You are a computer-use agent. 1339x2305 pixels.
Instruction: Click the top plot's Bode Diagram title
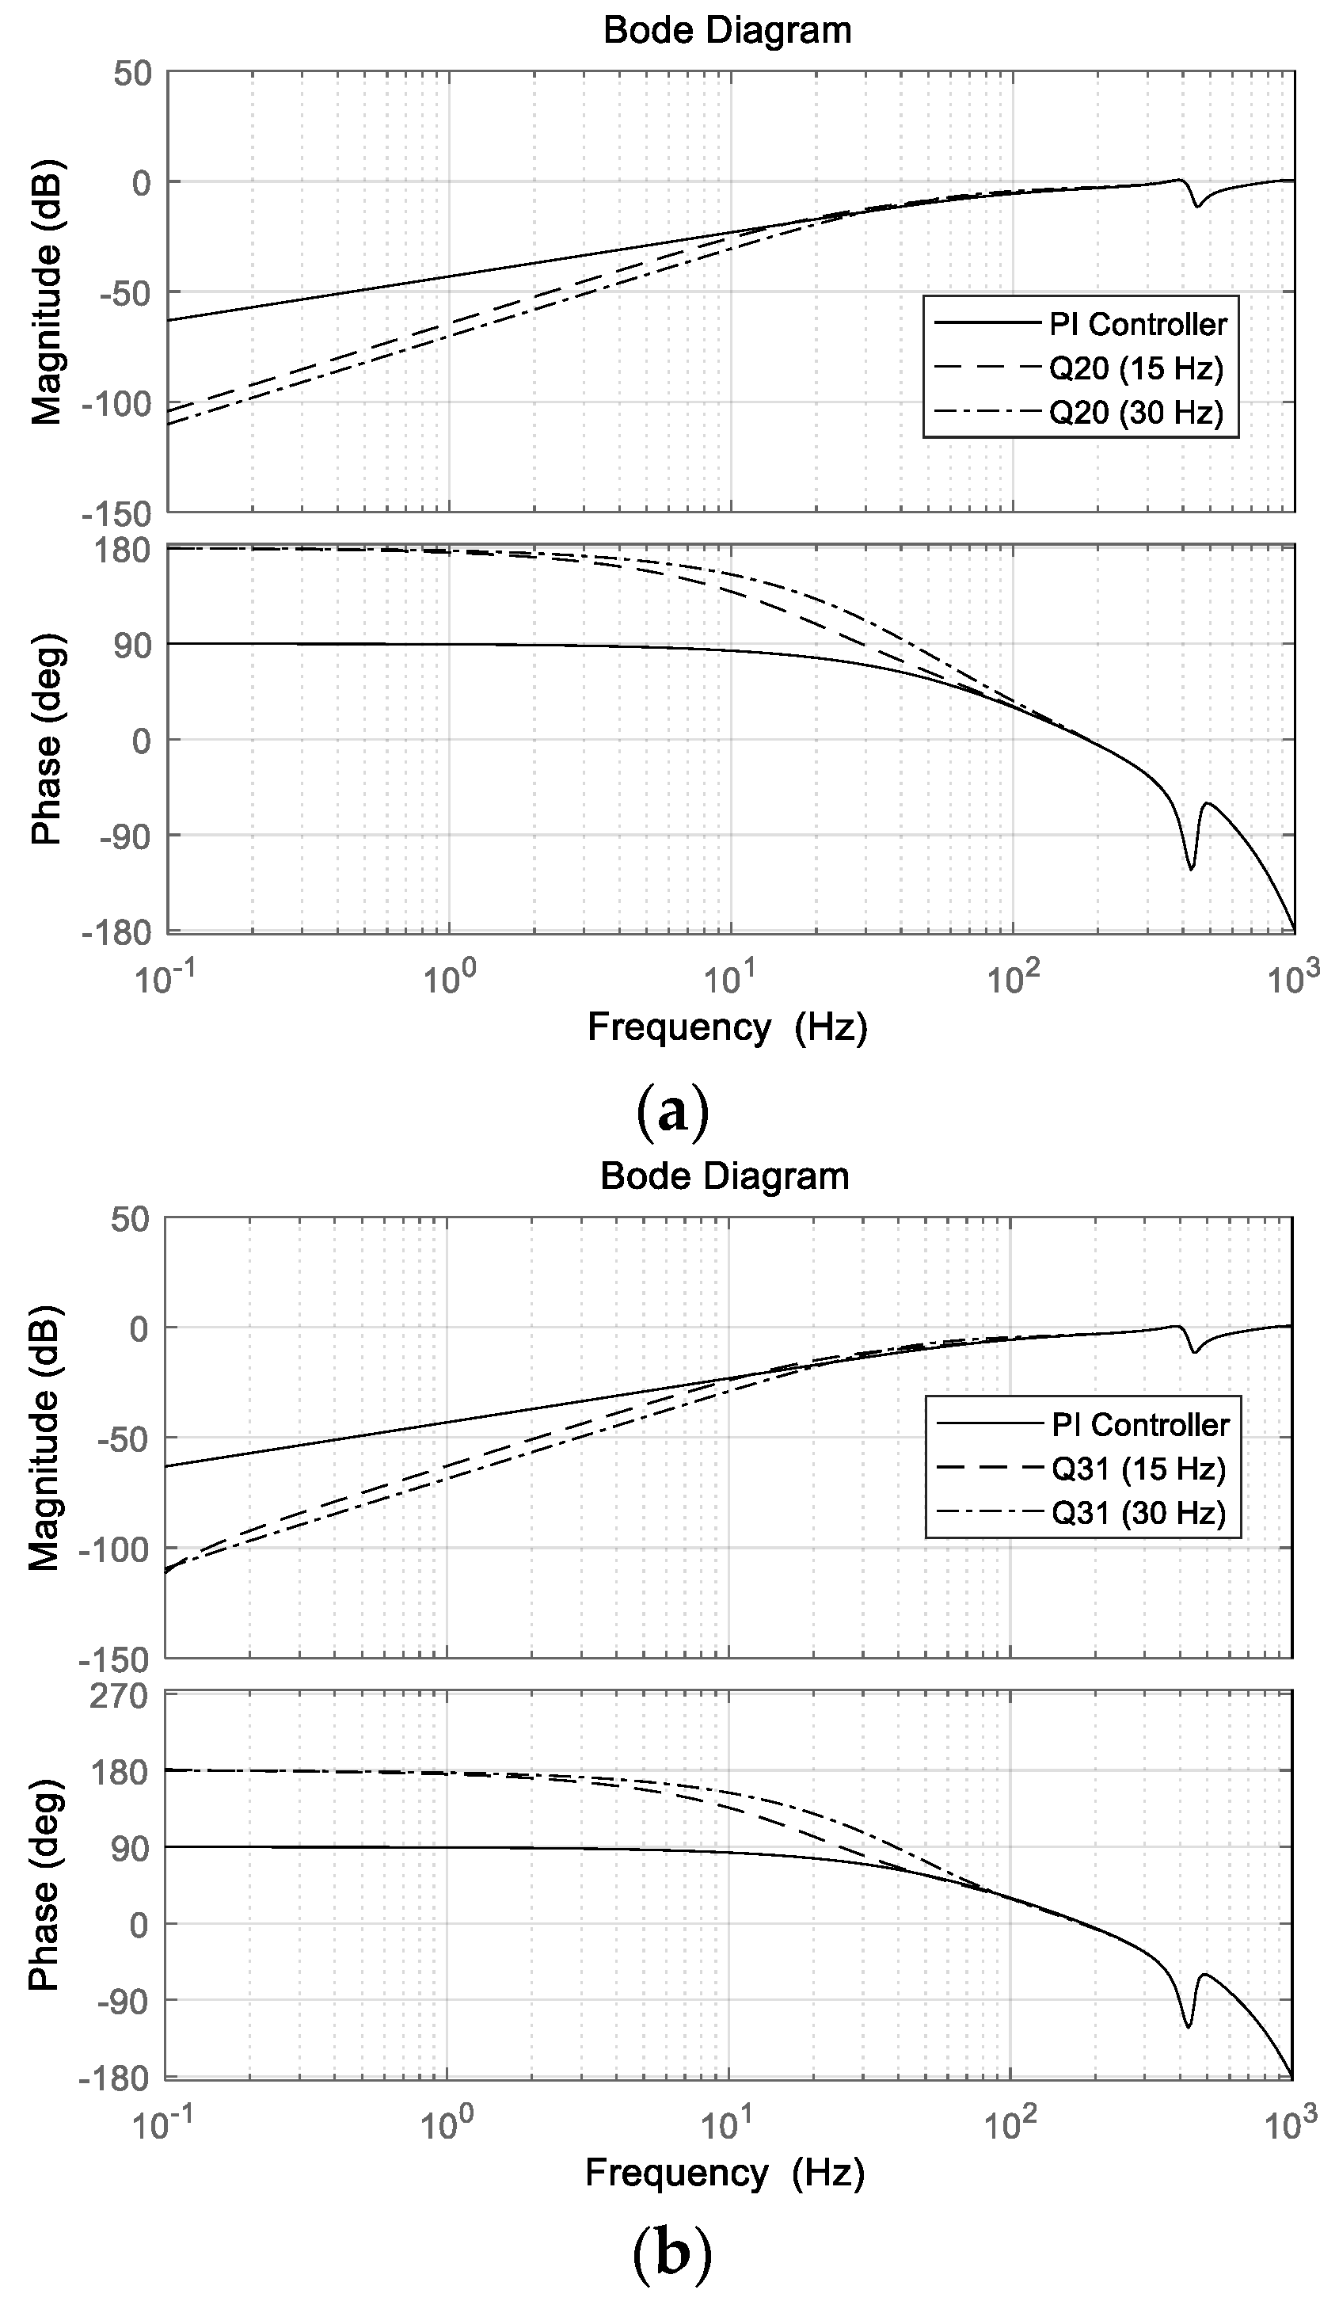[x=727, y=30]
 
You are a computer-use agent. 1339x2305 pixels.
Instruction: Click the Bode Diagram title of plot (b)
[x=725, y=1175]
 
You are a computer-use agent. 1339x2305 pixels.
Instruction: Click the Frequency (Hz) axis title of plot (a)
[x=727, y=1027]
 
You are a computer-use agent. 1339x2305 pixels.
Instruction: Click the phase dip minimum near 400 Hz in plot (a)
[x=1190, y=867]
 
